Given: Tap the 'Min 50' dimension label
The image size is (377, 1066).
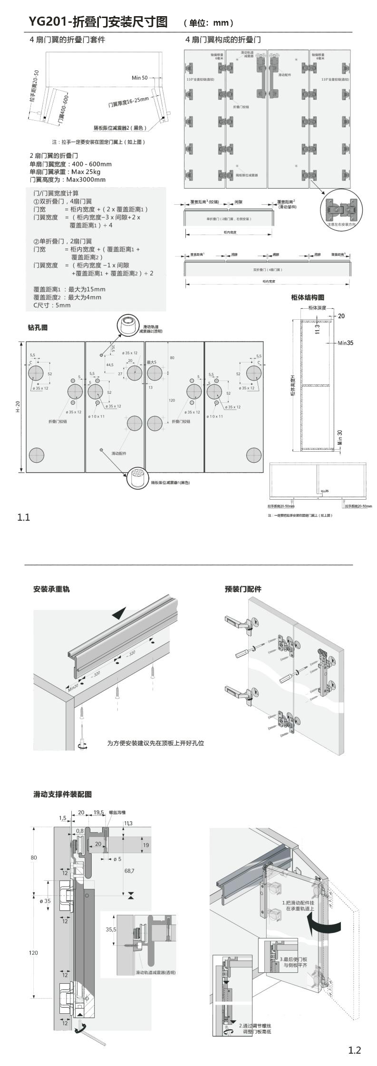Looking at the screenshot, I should pyautogui.click(x=139, y=77).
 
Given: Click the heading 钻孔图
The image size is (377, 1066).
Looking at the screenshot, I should pyautogui.click(x=38, y=327).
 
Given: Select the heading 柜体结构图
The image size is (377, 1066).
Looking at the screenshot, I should pyautogui.click(x=308, y=297).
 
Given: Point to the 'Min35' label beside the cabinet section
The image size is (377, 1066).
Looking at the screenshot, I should pyautogui.click(x=346, y=343).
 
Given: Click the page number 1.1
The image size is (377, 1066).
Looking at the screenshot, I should pyautogui.click(x=24, y=517).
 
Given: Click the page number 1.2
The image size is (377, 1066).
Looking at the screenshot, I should pyautogui.click(x=355, y=1047).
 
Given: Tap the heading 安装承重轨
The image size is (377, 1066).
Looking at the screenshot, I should pyautogui.click(x=51, y=589).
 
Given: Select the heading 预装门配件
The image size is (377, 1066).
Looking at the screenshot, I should pyautogui.click(x=243, y=589).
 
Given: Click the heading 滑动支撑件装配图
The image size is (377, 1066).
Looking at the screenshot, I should pyautogui.click(x=62, y=794).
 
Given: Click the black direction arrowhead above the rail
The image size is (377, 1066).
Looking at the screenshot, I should pyautogui.click(x=121, y=614).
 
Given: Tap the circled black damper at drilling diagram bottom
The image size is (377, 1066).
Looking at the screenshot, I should pyautogui.click(x=138, y=477).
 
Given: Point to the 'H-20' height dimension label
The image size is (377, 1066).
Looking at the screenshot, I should pyautogui.click(x=18, y=407).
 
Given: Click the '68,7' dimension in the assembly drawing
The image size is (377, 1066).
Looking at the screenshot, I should pyautogui.click(x=128, y=871).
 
